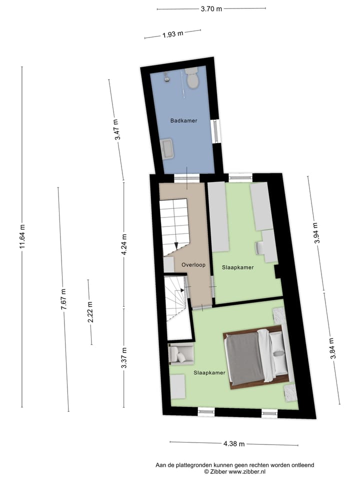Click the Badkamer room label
tap(183, 120)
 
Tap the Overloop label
tap(193, 264)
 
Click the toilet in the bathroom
tap(192, 78)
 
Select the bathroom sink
tap(167, 149)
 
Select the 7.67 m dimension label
tap(63, 300)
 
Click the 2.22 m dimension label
tap(90, 312)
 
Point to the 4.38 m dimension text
tap(234, 444)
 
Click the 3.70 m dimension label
tap(211, 8)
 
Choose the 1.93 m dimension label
tap(173, 34)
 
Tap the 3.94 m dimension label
tap(316, 233)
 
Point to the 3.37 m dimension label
tap(124, 358)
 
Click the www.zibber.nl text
tap(247, 471)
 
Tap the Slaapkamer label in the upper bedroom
tap(238, 267)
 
